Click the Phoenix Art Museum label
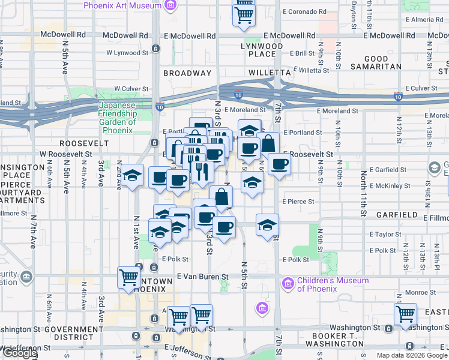122,6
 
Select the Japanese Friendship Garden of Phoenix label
118,114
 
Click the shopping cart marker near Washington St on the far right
406,314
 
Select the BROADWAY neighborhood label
187,73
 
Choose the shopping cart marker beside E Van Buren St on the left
128,277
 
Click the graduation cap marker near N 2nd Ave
133,176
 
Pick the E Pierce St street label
298,202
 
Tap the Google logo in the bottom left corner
19,353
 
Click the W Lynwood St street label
127,53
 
